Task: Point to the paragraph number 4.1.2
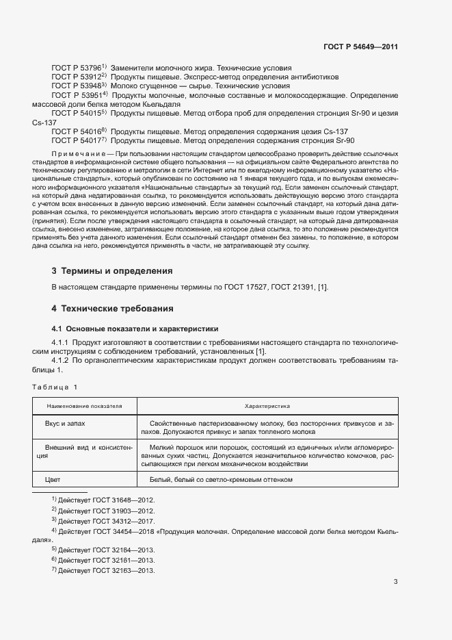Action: click(60, 359)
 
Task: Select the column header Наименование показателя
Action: click(84, 406)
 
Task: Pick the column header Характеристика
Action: click(267, 406)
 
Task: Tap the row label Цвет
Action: click(53, 479)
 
